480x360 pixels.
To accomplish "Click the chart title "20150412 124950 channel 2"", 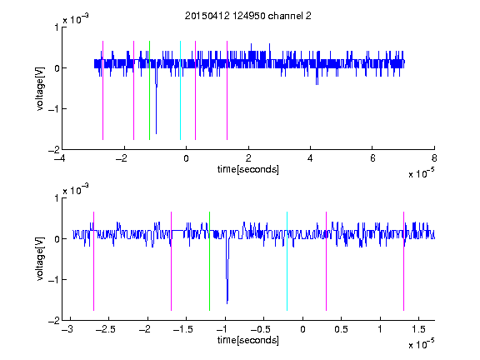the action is pos(248,16).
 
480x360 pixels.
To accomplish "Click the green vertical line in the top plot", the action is pos(149,90).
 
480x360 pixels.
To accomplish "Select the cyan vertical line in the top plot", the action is pos(180,90).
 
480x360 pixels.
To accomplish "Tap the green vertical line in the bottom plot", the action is pos(209,261).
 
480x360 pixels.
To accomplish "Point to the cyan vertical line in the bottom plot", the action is pos(287,261).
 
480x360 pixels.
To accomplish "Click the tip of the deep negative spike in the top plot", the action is pos(156,134).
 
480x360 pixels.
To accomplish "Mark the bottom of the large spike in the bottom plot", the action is pos(227,303).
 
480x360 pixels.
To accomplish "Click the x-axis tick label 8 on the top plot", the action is pos(434,158).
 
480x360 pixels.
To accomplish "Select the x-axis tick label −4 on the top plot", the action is pos(60,158).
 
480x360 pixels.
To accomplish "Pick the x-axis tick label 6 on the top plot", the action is pos(372,158).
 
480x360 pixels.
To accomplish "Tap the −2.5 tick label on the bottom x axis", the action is pos(105,329).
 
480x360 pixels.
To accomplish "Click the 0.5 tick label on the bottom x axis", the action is pos(341,329).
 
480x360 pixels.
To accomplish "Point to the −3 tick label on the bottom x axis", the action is pos(67,329).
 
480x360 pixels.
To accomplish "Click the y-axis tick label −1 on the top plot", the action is pos(54,109).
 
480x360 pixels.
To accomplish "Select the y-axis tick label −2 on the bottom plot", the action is pos(54,321).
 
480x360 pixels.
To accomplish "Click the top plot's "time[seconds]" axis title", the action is pos(248,169).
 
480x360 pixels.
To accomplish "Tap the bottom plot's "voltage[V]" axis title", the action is pos(40,259).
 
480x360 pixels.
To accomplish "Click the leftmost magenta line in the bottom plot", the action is pos(93,261).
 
